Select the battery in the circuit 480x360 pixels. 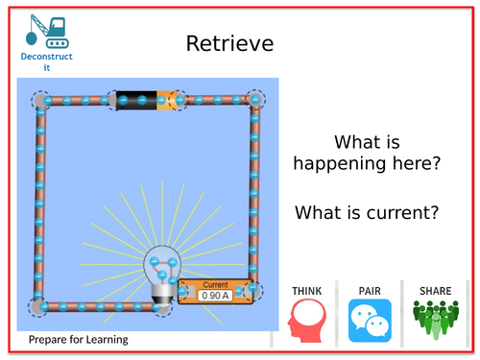tap(149, 99)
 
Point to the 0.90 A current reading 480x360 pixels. tap(216, 296)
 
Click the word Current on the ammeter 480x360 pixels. tap(216, 285)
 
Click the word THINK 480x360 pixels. tap(307, 291)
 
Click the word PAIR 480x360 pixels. tap(370, 291)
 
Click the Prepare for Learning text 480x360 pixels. tap(78, 340)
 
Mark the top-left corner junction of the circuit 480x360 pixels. tap(41, 99)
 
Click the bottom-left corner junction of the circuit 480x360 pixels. tap(39, 306)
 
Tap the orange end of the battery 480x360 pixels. tap(174, 99)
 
